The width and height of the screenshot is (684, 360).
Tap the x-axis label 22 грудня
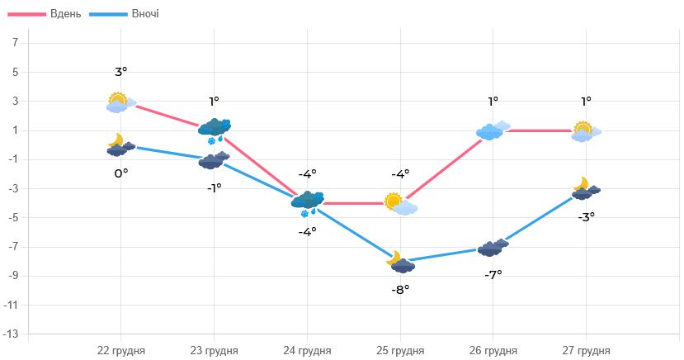[121, 350]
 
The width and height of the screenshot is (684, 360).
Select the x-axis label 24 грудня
[307, 350]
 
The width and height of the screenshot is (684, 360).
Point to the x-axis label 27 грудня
[586, 350]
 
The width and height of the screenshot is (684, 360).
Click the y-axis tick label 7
[15, 43]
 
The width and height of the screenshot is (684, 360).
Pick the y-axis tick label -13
[12, 334]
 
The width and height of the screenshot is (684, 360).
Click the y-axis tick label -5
[13, 218]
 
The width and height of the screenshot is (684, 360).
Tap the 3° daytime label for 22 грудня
[121, 72]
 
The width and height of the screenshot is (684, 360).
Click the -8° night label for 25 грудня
[400, 289]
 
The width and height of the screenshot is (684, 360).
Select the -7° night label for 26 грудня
[493, 274]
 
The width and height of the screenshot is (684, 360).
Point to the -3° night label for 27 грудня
[586, 216]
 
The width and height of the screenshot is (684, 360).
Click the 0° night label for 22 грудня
[121, 173]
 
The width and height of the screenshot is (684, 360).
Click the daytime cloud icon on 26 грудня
[493, 130]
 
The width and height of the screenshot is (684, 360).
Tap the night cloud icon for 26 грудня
[493, 247]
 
